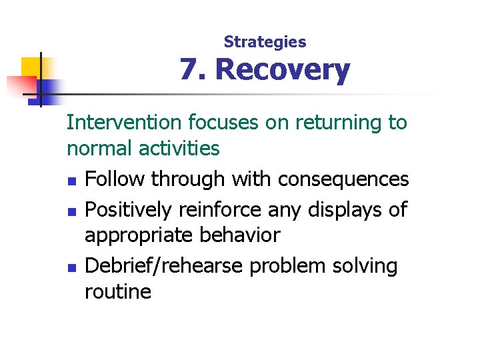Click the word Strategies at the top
pos(265,42)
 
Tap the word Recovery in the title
pos(283,70)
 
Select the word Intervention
pos(124,123)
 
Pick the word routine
pos(118,291)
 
